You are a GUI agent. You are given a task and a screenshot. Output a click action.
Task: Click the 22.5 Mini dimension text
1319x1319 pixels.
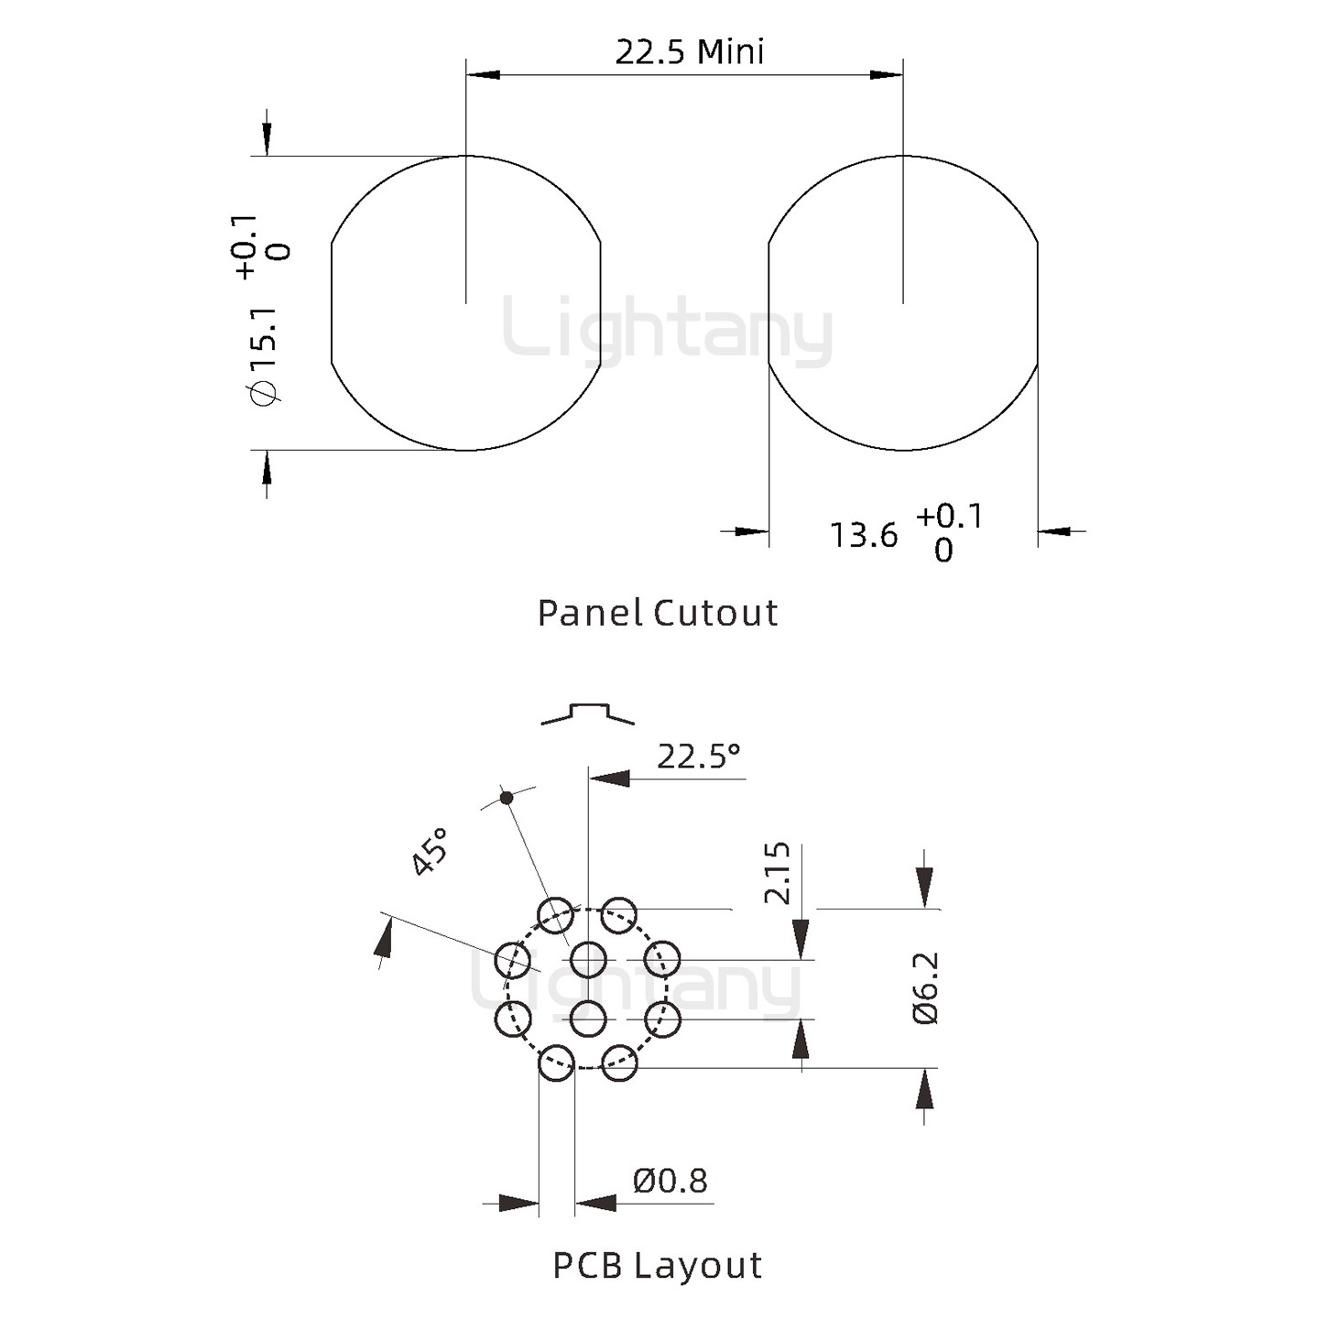pos(690,52)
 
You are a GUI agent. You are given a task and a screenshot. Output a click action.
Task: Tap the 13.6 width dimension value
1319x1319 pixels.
pos(863,535)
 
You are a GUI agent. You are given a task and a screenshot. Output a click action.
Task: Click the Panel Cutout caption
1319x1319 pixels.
pos(658,613)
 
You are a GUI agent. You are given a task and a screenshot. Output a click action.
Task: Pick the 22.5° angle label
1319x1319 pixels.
pos(699,757)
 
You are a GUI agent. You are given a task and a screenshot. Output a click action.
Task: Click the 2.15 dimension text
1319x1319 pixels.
pos(777,874)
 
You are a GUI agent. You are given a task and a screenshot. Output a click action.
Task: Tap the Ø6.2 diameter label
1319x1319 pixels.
pos(926,987)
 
